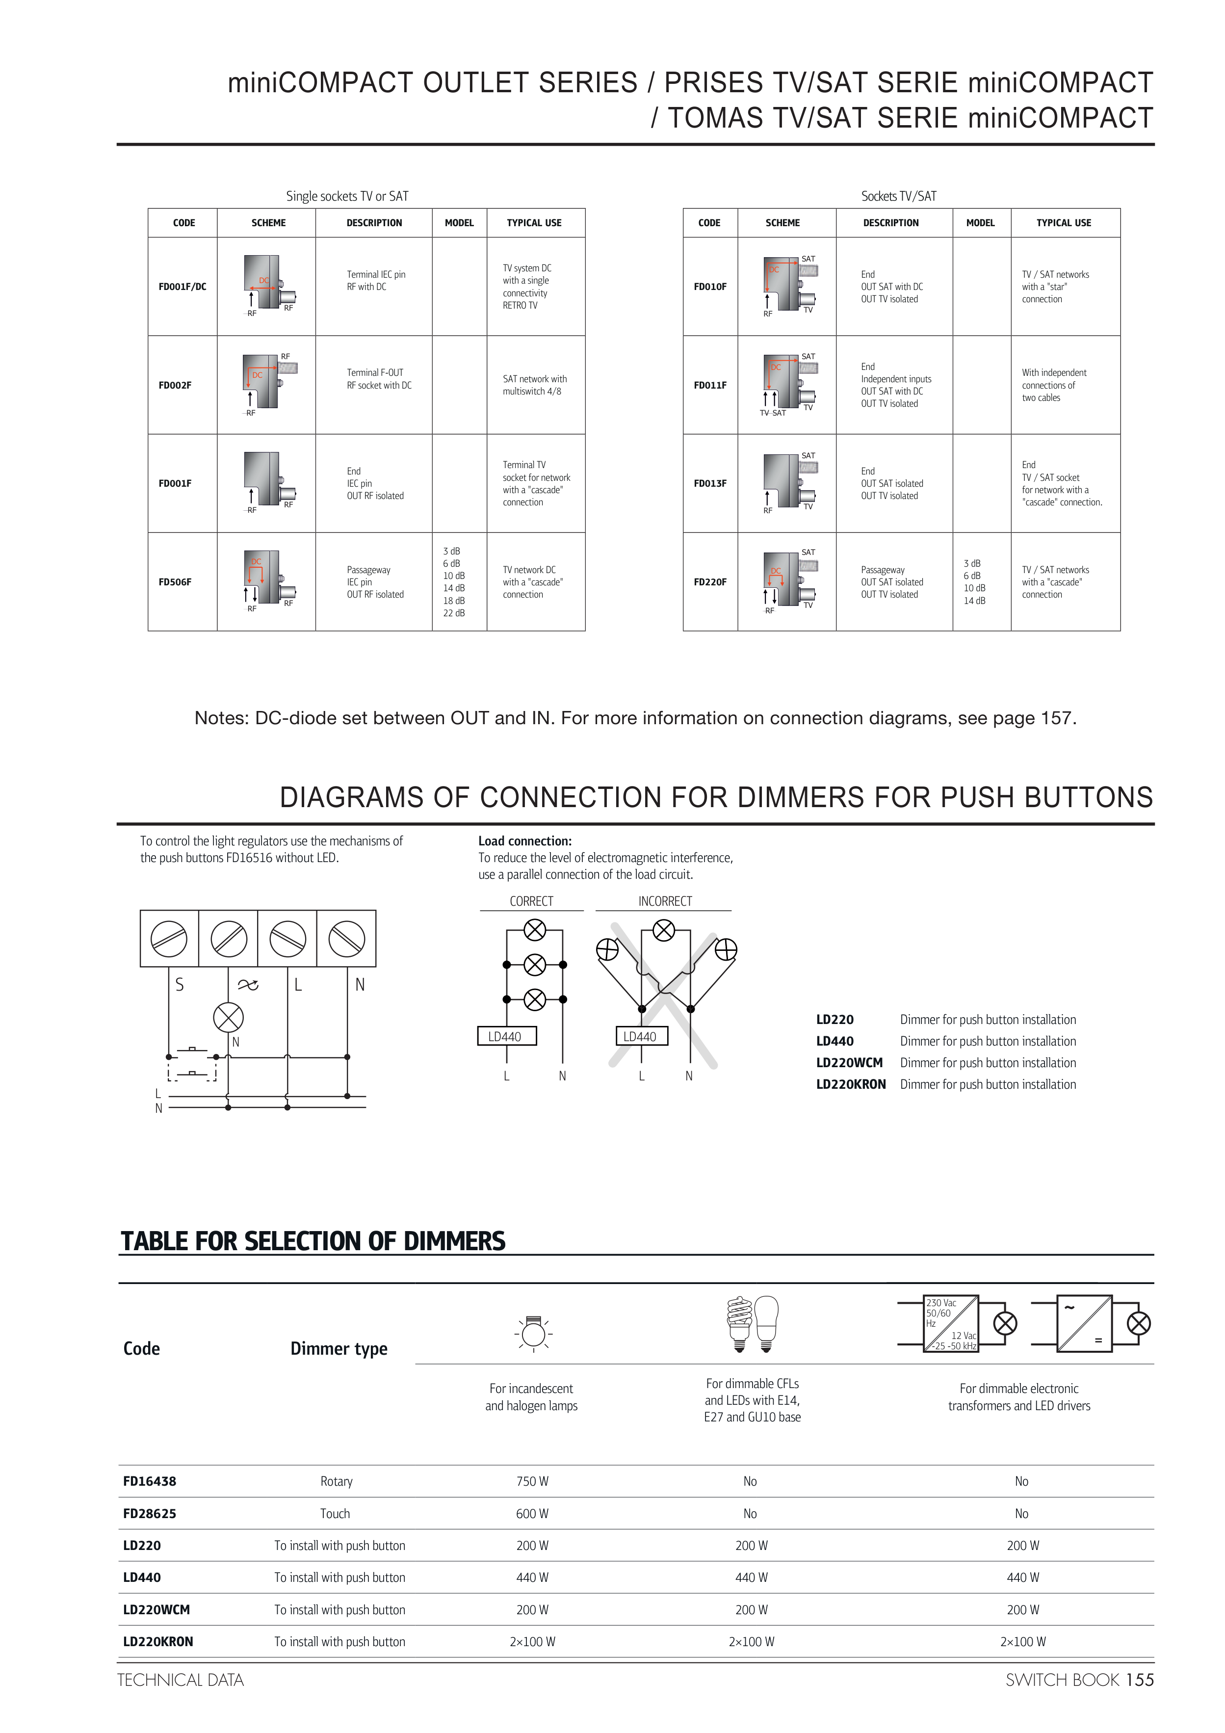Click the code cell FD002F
[175, 385]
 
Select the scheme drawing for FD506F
[268, 581]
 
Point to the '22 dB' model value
[454, 613]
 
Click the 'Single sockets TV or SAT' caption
[347, 196]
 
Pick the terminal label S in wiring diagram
[179, 984]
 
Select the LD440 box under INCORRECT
[641, 1036]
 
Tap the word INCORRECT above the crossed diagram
[665, 901]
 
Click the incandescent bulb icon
[534, 1333]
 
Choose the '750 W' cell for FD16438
[532, 1481]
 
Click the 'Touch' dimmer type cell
[335, 1513]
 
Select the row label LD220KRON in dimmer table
[158, 1642]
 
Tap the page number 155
[1140, 1680]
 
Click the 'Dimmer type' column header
[339, 1349]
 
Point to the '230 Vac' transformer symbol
[951, 1323]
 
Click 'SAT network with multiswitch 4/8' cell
[534, 385]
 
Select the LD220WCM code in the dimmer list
[849, 1063]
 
